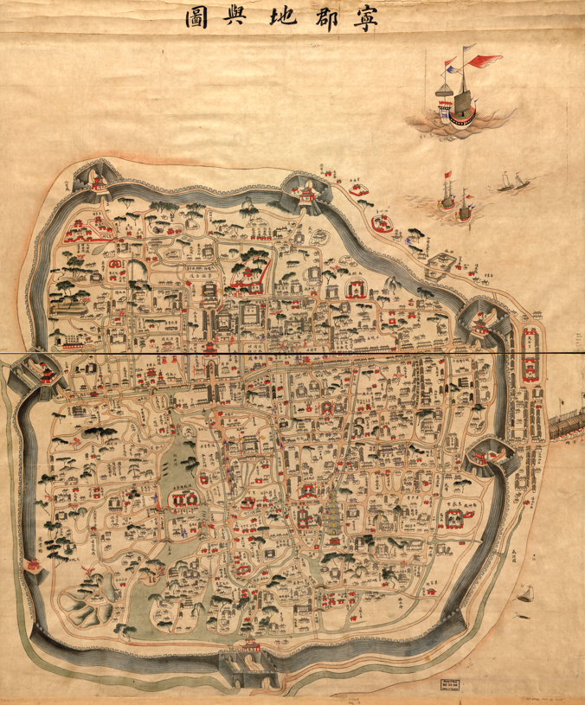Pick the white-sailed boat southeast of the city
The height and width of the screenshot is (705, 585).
click(x=524, y=593)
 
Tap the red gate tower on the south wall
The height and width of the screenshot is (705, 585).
click(x=251, y=644)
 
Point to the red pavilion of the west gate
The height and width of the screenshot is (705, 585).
click(x=44, y=375)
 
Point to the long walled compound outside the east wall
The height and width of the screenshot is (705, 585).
click(x=529, y=363)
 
